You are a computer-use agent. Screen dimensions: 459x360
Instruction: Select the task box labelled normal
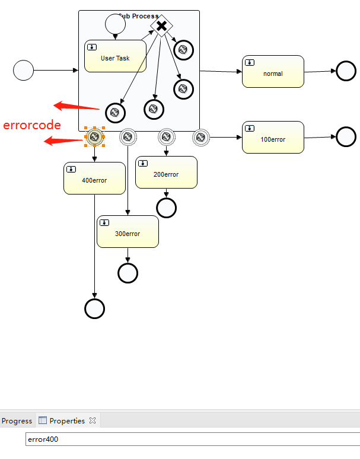click(273, 71)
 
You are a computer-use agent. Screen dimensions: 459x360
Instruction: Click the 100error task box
click(273, 138)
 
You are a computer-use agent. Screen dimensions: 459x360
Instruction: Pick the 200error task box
click(166, 173)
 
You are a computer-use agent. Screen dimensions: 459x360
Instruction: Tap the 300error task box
click(128, 232)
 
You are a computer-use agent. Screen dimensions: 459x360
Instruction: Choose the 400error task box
click(94, 178)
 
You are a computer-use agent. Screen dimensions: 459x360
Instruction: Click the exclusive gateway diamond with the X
click(161, 26)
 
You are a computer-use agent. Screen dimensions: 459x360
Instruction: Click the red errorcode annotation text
click(32, 125)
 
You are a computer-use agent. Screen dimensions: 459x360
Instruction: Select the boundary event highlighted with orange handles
click(94, 137)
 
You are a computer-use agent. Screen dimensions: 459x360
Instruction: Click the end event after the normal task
click(346, 71)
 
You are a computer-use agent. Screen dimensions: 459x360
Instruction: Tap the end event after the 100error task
click(346, 136)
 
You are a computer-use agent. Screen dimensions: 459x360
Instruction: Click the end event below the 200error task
click(166, 208)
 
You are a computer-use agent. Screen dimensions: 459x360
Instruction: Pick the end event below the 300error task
click(128, 273)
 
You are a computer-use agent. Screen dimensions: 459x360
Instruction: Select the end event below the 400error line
click(94, 308)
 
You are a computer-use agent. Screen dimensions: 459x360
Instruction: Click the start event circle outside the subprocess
click(23, 70)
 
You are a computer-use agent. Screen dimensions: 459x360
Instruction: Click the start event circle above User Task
click(115, 24)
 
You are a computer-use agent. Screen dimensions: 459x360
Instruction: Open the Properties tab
click(67, 421)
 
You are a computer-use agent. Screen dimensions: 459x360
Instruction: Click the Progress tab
click(17, 421)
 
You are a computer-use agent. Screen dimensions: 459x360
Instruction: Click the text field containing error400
click(190, 439)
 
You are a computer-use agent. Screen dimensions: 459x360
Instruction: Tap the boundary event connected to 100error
click(201, 137)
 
